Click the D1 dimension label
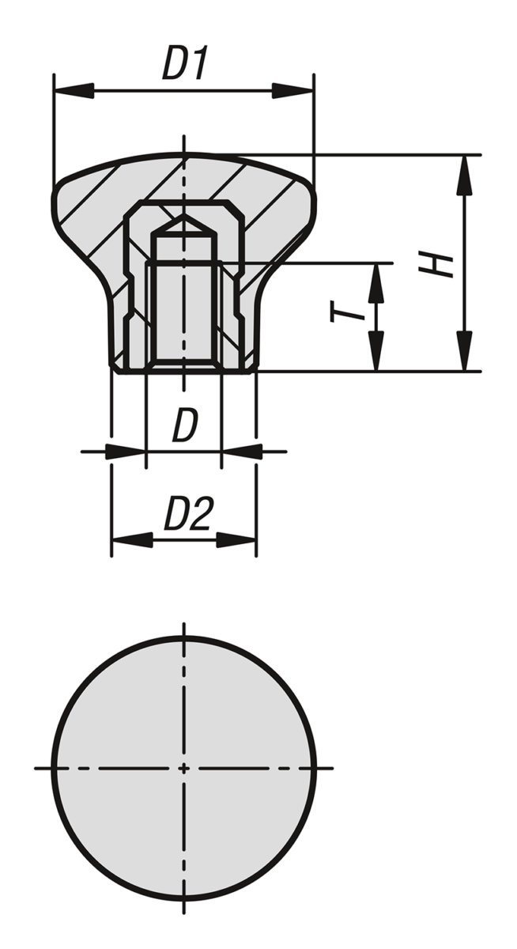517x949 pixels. tap(185, 63)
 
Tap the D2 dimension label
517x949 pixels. tap(188, 514)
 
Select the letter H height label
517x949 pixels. tap(436, 264)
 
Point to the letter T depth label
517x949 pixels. tap(346, 312)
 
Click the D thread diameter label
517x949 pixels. tap(185, 425)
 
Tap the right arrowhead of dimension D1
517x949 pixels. tap(293, 90)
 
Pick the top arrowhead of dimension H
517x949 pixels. tap(466, 175)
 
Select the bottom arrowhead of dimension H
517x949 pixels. tap(466, 351)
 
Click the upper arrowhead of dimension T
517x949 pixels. tap(375, 283)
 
